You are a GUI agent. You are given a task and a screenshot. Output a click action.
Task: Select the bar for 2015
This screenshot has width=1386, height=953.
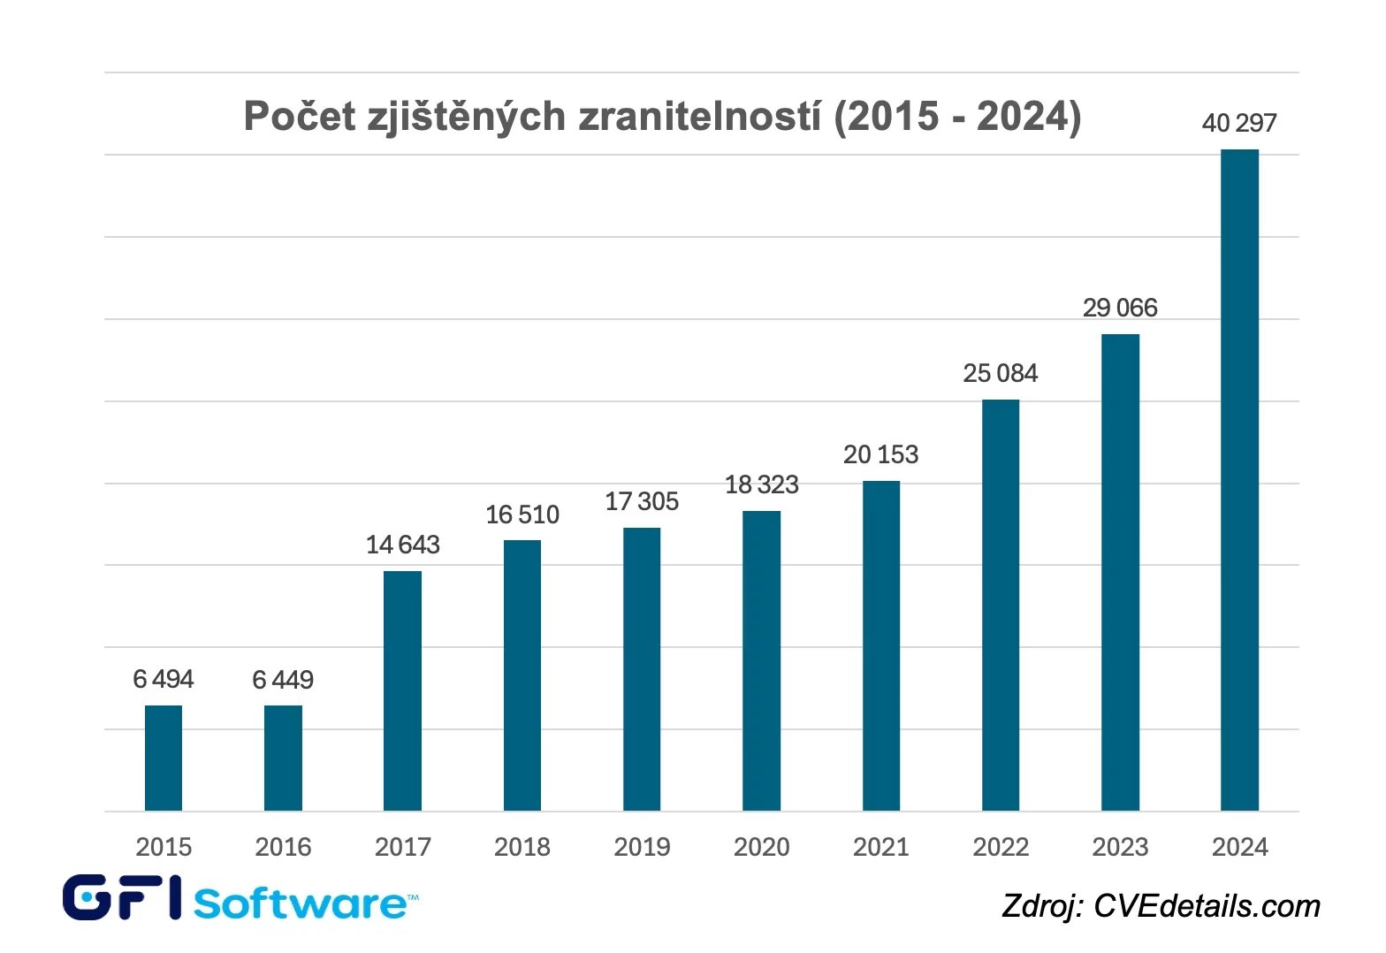point(164,758)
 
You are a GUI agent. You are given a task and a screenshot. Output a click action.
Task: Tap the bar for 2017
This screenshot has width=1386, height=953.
point(402,690)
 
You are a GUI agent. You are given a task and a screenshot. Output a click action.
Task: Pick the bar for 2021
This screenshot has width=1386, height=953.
point(881,645)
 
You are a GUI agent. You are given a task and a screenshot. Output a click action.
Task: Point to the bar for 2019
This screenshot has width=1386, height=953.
point(642,669)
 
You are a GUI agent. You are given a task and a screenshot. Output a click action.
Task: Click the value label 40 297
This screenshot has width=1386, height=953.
point(1239,123)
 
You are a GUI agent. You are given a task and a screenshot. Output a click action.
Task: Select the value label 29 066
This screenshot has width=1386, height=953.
point(1120,308)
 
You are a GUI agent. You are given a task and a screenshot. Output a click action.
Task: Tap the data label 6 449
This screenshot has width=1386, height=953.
point(283,680)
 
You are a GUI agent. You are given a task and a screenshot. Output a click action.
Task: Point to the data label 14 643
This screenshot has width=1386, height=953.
point(402,545)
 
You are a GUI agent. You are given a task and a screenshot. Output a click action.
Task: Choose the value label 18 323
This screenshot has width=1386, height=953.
point(761,484)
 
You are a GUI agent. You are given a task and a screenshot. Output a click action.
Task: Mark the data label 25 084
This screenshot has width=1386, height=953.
point(1001,373)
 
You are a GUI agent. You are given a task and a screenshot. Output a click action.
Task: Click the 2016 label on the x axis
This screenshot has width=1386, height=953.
point(283,847)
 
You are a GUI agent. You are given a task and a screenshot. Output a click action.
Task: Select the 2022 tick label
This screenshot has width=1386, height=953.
point(1001,847)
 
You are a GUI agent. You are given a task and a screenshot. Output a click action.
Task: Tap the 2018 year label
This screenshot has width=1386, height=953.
point(522,847)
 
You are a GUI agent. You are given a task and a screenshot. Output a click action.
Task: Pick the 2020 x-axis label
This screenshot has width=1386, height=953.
point(761,847)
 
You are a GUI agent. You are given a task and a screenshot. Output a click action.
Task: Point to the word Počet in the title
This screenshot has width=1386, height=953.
point(299,117)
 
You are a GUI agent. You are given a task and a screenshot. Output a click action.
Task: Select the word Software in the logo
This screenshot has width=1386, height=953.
point(300,903)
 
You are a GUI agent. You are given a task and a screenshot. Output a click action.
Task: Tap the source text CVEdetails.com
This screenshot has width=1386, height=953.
point(1207,906)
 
